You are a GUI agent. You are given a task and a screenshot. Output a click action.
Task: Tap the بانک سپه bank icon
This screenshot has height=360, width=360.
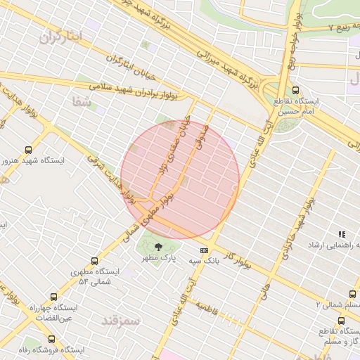click(204, 250)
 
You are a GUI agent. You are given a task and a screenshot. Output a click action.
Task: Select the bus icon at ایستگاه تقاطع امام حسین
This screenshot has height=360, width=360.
click(295, 90)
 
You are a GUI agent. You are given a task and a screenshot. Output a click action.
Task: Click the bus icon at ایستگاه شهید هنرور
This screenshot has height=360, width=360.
click(28, 150)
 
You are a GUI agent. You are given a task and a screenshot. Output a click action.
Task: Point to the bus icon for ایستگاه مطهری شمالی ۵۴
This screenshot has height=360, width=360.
click(98, 261)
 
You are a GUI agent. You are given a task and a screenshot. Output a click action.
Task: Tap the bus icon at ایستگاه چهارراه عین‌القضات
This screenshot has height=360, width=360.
click(53, 297)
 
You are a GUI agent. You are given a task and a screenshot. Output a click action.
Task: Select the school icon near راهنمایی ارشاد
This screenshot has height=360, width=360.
click(342, 234)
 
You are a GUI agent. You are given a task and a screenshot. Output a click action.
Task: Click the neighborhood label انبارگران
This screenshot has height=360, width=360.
click(61, 37)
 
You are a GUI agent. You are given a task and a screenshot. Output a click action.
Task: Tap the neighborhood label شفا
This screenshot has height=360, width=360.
click(82, 102)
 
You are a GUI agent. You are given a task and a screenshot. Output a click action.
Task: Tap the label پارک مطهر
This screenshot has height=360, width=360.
click(158, 258)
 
